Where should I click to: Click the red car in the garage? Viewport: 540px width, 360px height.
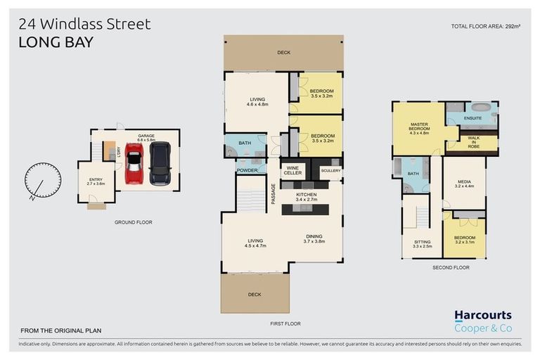pyautogui.click(x=134, y=164)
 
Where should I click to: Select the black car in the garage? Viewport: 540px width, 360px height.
pyautogui.click(x=160, y=163)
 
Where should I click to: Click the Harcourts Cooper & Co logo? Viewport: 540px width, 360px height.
pyautogui.click(x=482, y=321)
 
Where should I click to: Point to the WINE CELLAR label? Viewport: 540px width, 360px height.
pyautogui.click(x=293, y=170)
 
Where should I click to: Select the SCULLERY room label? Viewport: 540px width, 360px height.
pyautogui.click(x=330, y=171)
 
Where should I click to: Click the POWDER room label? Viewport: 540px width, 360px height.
pyautogui.click(x=247, y=170)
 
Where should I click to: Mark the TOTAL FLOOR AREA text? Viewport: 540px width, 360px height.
pyautogui.click(x=486, y=26)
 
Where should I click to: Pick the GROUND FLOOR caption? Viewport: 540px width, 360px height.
pyautogui.click(x=134, y=222)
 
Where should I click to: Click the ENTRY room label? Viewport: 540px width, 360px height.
pyautogui.click(x=95, y=180)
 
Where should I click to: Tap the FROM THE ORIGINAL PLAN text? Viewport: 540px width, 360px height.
pyautogui.click(x=60, y=330)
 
